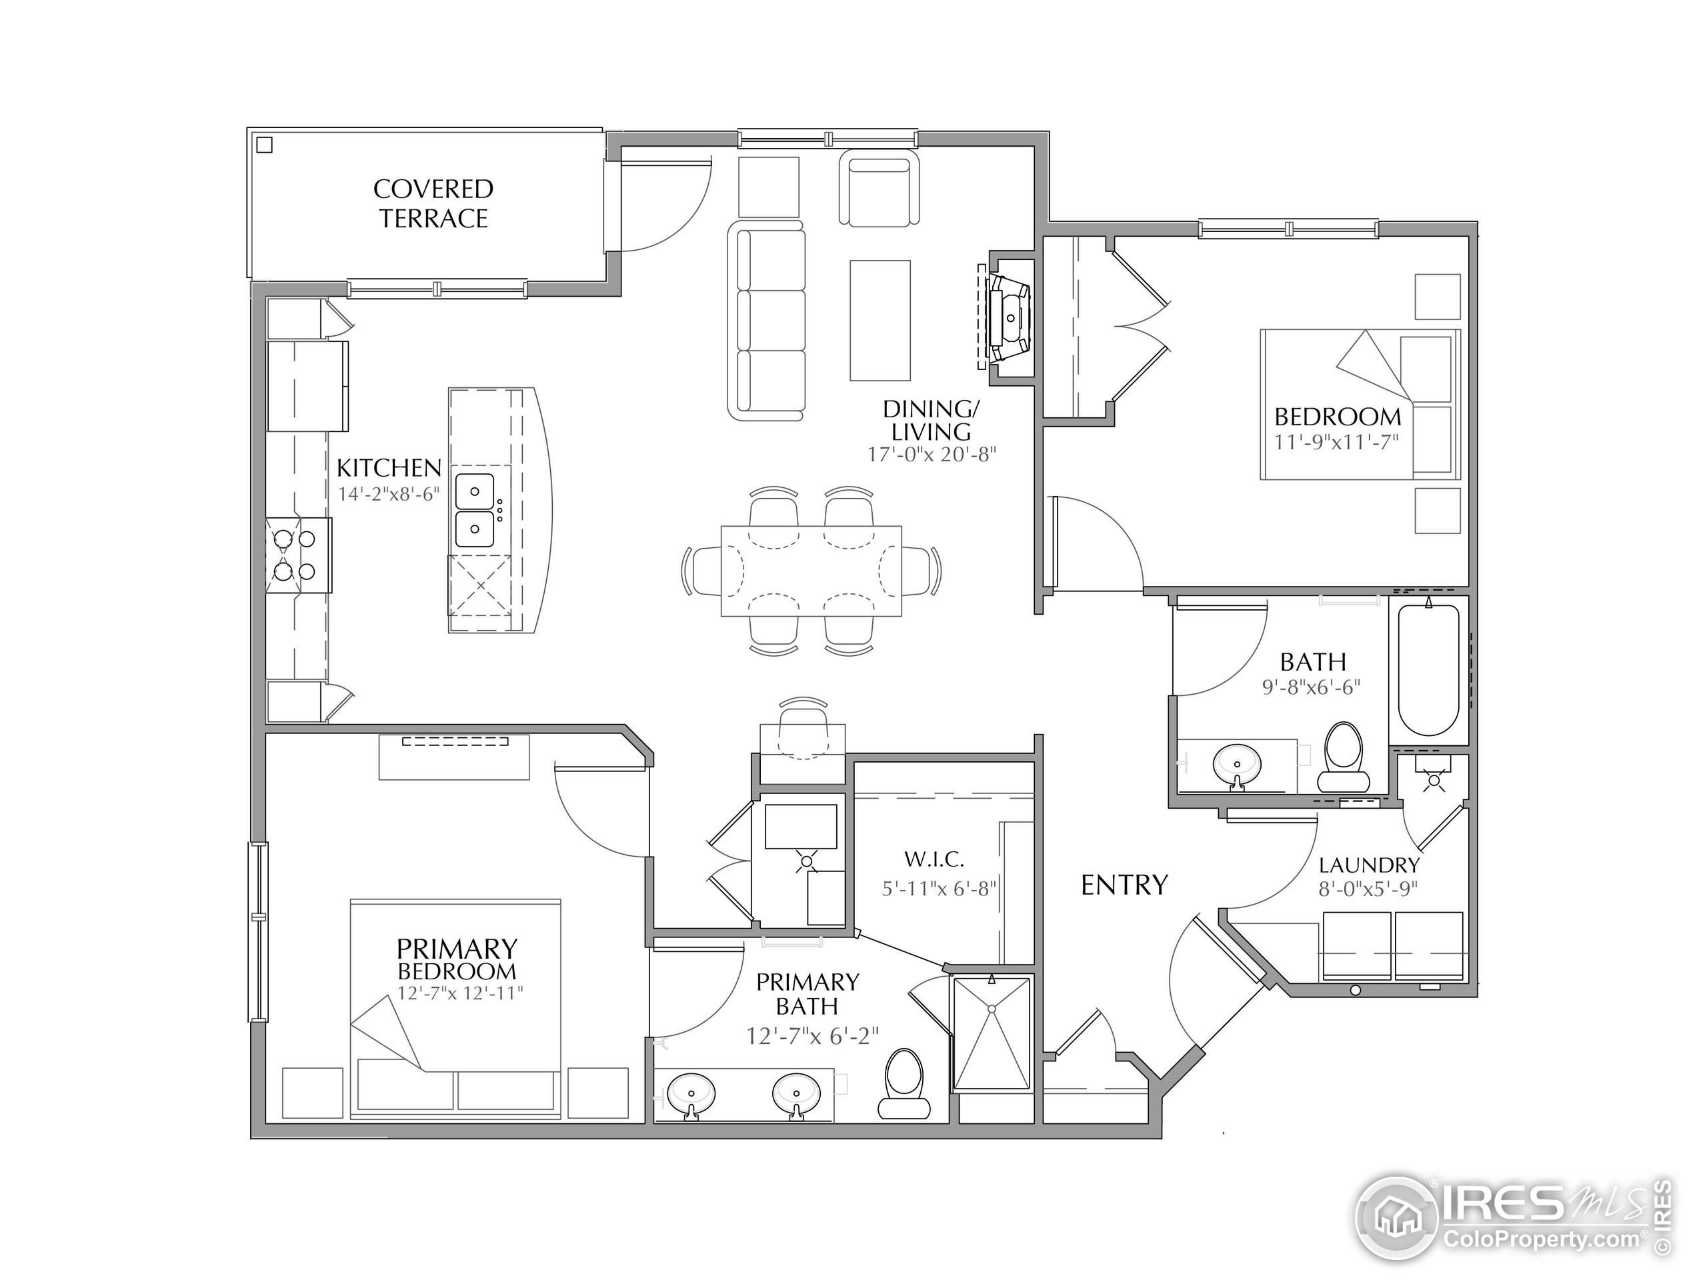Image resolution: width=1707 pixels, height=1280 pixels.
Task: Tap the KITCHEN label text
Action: pyautogui.click(x=389, y=467)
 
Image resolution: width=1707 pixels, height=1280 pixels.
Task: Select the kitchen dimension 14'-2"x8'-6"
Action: pyautogui.click(x=389, y=494)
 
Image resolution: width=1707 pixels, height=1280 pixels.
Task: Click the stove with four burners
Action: pyautogui.click(x=298, y=555)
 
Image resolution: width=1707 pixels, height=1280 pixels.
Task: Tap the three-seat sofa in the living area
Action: pyautogui.click(x=767, y=321)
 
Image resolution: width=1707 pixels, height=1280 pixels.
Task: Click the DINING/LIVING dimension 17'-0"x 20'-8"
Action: pyautogui.click(x=932, y=455)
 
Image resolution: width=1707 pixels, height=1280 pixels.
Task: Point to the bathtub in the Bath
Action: pyautogui.click(x=1428, y=670)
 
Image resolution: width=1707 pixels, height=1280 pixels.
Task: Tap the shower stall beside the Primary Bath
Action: pyautogui.click(x=992, y=1035)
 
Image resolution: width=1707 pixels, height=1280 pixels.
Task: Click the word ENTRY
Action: pyautogui.click(x=1124, y=885)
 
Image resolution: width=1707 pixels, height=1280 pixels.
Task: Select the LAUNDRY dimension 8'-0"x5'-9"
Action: pyautogui.click(x=1368, y=889)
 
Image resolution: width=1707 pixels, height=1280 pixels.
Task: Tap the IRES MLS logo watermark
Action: pyautogui.click(x=1514, y=1220)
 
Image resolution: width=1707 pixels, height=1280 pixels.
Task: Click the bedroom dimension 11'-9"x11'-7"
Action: pyautogui.click(x=1336, y=442)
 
